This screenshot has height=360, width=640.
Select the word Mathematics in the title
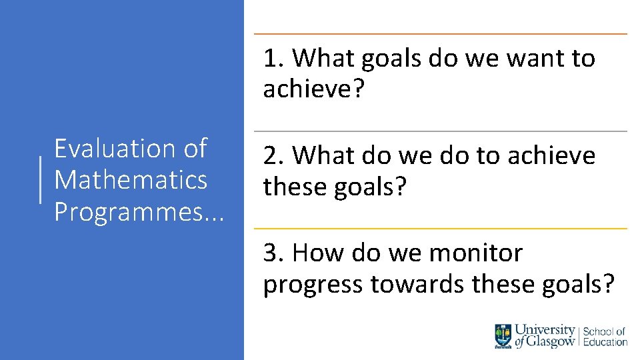pos(131,179)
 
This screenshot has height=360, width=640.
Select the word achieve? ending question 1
pos(314,89)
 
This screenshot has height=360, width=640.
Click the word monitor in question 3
pos(476,253)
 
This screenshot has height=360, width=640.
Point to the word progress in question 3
pos(313,285)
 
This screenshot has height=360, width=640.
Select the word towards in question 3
pos(418,285)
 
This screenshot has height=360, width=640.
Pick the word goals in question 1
pos(392,59)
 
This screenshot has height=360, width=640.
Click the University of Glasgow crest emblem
pos(503,335)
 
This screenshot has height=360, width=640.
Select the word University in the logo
pos(545,330)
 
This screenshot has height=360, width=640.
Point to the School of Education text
pos(605,336)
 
